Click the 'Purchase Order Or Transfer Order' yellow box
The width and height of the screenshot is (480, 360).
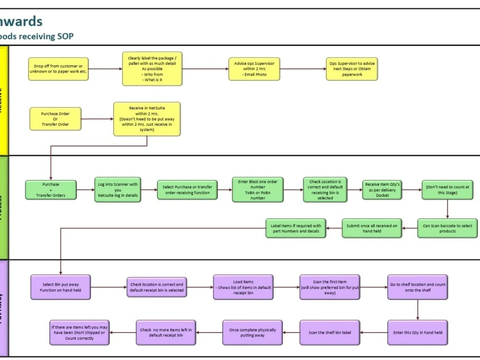click(55, 119)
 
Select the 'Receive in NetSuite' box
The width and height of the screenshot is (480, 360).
click(147, 119)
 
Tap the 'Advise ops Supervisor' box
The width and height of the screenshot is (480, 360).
click(254, 69)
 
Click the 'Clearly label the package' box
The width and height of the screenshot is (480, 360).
click(152, 69)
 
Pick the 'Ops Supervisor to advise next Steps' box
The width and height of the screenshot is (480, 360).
click(352, 69)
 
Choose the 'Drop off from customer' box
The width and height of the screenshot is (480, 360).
click(58, 69)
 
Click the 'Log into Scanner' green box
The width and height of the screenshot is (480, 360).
click(118, 190)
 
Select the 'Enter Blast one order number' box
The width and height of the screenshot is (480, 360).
click(258, 190)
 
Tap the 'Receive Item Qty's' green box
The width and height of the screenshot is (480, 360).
click(382, 190)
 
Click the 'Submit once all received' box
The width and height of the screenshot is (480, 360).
click(372, 228)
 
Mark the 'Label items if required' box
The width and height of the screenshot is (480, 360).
click(296, 228)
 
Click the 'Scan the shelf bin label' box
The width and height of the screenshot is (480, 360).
click(330, 332)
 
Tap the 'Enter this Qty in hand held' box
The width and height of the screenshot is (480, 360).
click(418, 332)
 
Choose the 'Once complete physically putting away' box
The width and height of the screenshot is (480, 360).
click(252, 332)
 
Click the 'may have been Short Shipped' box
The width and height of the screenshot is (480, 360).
click(80, 332)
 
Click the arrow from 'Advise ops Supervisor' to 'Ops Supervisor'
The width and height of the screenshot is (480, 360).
click(302, 69)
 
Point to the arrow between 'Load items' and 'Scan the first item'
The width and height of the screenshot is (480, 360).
click(286, 287)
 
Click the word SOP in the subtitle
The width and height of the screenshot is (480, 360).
click(65, 36)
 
